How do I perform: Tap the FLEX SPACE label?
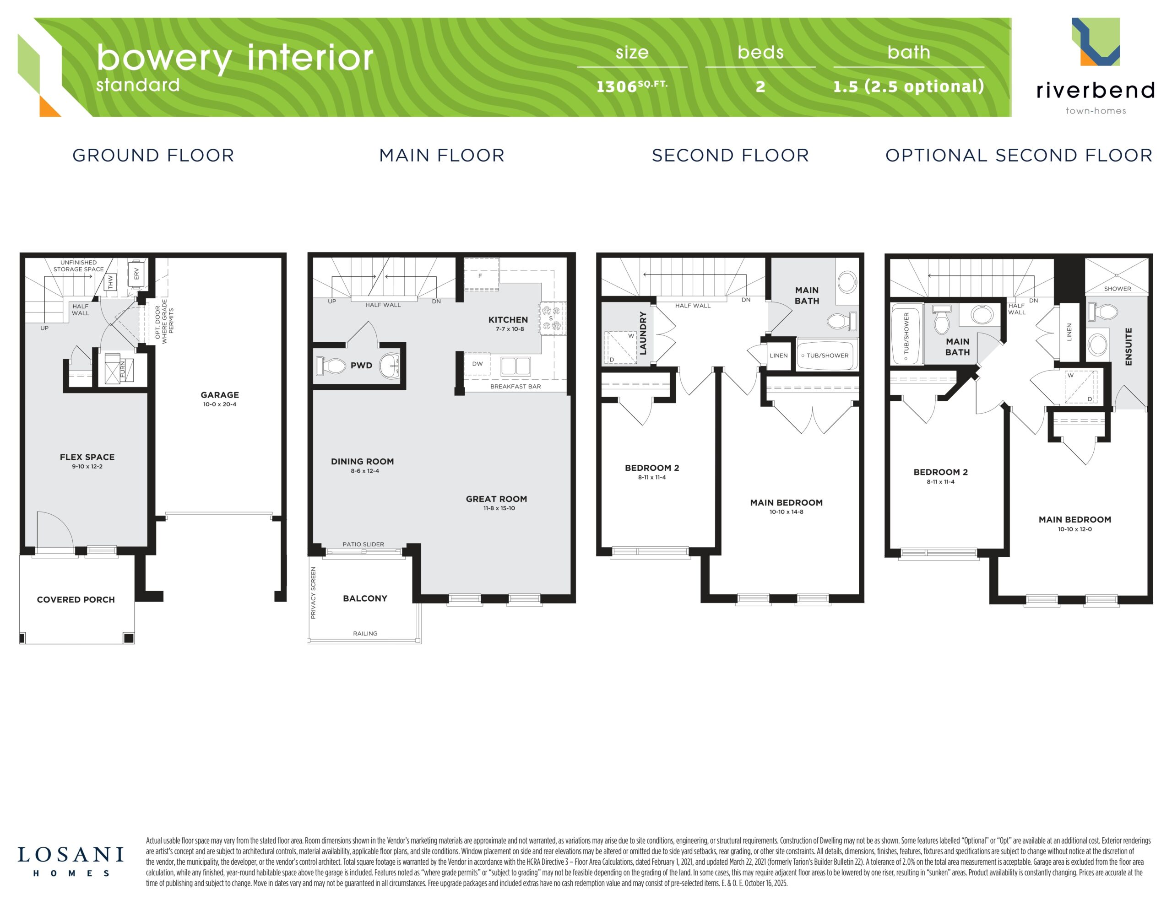(x=87, y=457)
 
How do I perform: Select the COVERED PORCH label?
(x=76, y=600)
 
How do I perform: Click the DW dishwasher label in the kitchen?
(x=477, y=364)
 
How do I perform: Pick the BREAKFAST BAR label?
(x=515, y=386)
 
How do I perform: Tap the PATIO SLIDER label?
(x=364, y=544)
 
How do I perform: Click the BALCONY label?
(x=365, y=598)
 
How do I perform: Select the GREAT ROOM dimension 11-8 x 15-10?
(x=499, y=508)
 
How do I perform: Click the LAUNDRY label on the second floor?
(x=643, y=333)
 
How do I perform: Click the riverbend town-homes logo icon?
(x=1096, y=42)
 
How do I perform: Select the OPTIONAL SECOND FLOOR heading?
(x=1019, y=155)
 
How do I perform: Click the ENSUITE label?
(x=1128, y=346)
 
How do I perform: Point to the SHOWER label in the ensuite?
(x=1117, y=289)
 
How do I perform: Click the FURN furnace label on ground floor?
(x=122, y=370)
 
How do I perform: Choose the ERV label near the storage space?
(x=136, y=274)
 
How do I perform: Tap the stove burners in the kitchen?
(x=552, y=318)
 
